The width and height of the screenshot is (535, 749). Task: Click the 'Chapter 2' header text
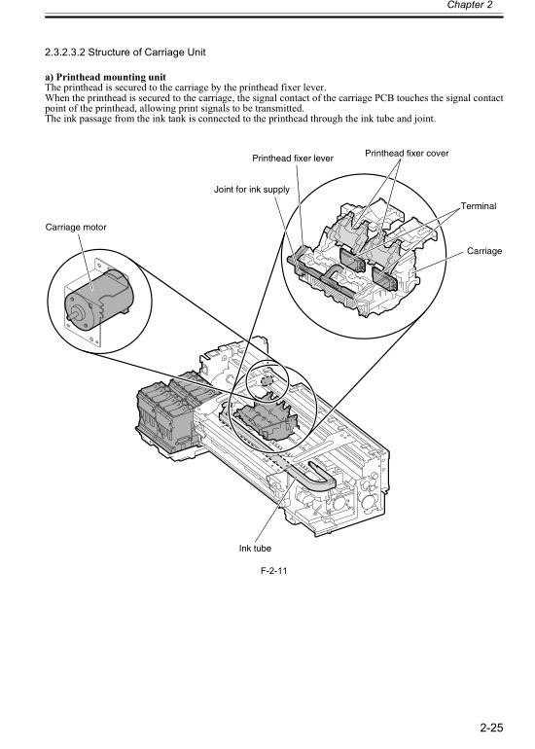pyautogui.click(x=495, y=6)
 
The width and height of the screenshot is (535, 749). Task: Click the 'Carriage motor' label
pyautogui.click(x=76, y=226)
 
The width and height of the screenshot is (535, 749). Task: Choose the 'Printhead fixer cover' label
pyautogui.click(x=407, y=153)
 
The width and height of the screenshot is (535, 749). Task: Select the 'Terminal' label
pyautogui.click(x=478, y=206)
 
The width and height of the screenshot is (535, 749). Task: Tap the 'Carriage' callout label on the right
pyautogui.click(x=483, y=251)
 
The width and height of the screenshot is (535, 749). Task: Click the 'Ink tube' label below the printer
pyautogui.click(x=255, y=549)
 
